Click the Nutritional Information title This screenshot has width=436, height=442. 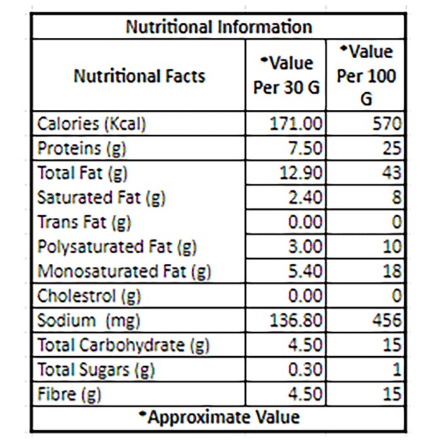coord(219,27)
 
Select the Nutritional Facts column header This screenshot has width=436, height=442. coord(139,76)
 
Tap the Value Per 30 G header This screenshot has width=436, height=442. coord(286,75)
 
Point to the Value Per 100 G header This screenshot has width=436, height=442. coord(366,75)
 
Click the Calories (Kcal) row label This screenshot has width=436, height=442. coord(92,124)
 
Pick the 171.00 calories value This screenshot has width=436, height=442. coord(296,124)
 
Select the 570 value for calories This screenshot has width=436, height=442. coord(387,124)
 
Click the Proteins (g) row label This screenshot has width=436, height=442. coord(82,148)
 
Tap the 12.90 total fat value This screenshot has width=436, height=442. coord(301,172)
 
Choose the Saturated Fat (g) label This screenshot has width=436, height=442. coord(101,198)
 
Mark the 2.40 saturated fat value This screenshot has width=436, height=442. coord(305,197)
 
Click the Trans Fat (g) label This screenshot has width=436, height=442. coord(84,222)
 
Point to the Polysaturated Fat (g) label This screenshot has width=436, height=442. coord(117,247)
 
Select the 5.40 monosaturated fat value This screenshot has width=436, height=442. coord(305,271)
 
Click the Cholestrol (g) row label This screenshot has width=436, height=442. coord(89,296)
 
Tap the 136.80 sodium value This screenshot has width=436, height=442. coord(296,320)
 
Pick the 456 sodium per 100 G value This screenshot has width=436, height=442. coord(387,320)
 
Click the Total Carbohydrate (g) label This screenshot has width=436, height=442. coord(123,345)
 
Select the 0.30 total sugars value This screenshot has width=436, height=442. coord(305,369)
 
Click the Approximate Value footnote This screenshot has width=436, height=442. coord(219,417)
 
